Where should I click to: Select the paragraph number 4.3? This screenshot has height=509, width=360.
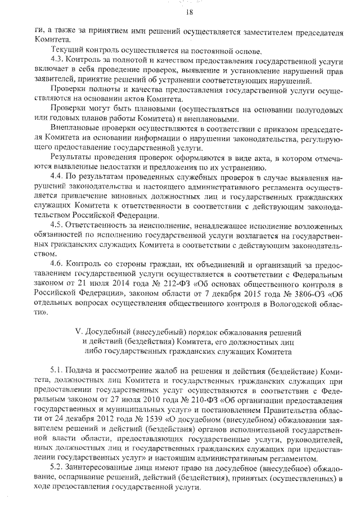[57, 60]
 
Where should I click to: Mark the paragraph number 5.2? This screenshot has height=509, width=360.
[57, 468]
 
